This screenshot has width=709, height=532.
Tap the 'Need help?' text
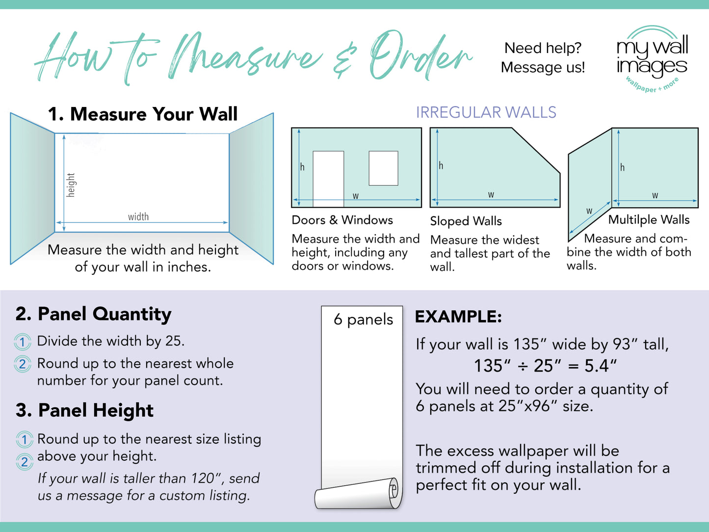point(543,48)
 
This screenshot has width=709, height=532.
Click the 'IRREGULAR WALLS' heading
point(486,112)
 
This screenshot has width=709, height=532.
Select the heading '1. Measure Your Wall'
point(142,114)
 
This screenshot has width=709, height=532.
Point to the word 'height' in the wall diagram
point(71,185)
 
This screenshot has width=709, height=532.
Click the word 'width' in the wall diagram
point(138,216)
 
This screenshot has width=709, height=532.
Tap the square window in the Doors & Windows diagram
point(383,168)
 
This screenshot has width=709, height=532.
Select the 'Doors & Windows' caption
point(342,220)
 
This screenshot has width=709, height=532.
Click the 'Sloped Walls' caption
point(466,221)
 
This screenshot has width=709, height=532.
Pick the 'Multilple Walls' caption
point(649,220)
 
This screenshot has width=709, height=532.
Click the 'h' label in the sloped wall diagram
point(441,165)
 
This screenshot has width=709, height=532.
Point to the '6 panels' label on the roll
point(363,319)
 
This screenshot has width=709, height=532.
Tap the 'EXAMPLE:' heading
point(458,317)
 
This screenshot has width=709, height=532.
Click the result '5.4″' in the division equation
point(600,366)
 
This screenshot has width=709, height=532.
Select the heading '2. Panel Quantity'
point(93,314)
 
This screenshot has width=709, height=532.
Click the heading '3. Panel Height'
point(84,410)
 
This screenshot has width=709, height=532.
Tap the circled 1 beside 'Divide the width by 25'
point(22,342)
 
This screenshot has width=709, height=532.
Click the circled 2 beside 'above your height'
point(24,461)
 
